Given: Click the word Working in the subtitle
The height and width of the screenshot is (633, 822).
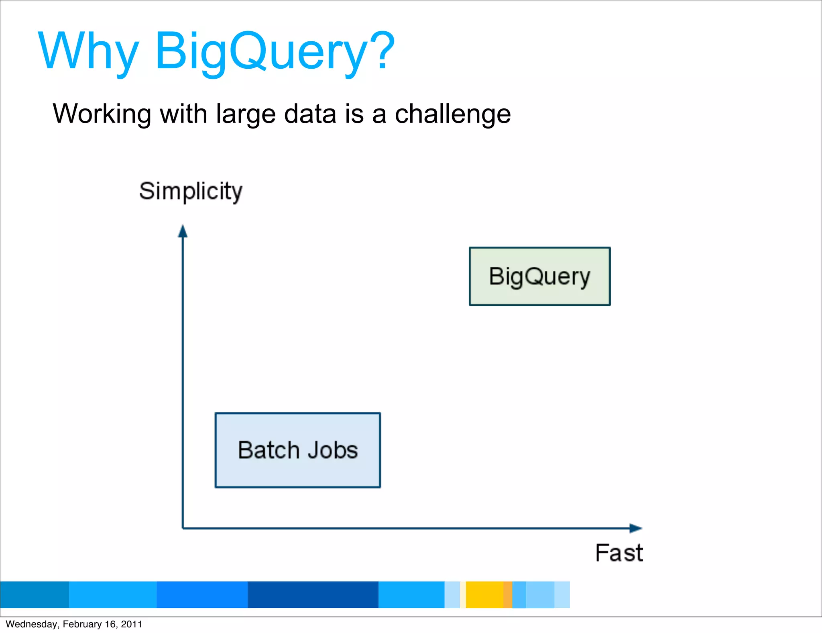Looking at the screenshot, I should click(102, 114).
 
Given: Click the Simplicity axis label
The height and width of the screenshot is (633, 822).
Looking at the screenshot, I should click(191, 191).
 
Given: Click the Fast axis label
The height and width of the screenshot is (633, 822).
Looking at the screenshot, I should click(619, 553).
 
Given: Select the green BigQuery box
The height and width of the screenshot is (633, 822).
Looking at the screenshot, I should click(539, 276).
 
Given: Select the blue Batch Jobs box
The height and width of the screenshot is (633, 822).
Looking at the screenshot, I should click(297, 450).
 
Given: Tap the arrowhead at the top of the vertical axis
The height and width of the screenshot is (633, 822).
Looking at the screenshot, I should click(183, 231).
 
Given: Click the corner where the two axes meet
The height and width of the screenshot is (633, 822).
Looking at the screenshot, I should click(183, 528).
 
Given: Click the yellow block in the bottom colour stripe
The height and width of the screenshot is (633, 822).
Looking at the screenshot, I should click(484, 594).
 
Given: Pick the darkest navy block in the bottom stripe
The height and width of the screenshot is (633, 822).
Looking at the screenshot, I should click(313, 594).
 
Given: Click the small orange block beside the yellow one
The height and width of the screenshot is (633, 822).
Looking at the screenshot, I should click(508, 594).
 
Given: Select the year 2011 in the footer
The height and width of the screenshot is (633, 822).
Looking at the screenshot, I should click(132, 624).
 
